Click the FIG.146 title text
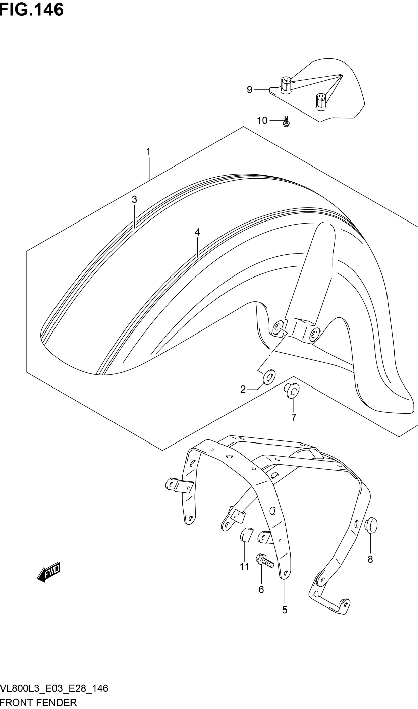tap(32, 10)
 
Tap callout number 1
tap(148, 152)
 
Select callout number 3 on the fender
tap(134, 199)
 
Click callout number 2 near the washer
tap(243, 389)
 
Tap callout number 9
tap(250, 90)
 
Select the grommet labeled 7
tap(292, 390)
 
